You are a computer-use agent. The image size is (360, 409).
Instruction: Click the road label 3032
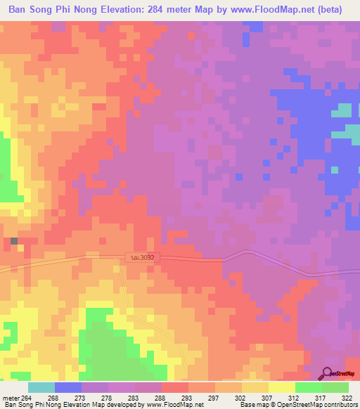tap(141, 258)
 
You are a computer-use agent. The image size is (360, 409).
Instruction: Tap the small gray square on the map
tap(14, 241)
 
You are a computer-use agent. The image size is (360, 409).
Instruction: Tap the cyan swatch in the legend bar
tap(41, 387)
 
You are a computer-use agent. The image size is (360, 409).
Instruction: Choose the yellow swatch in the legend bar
tap(282, 387)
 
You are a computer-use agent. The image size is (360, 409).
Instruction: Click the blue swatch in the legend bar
tap(68, 387)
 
